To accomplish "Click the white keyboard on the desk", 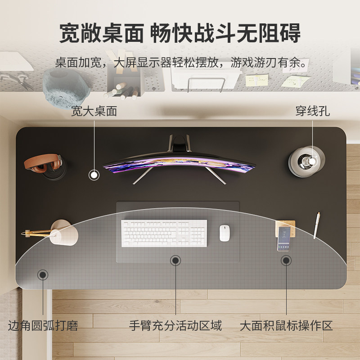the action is (x=164, y=233).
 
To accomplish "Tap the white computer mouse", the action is (x=225, y=233).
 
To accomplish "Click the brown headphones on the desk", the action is (x=43, y=163).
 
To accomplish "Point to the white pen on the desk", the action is (x=317, y=225).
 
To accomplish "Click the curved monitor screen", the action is (x=179, y=165).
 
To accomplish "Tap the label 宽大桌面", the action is (x=94, y=111).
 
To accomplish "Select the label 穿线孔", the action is (x=312, y=111).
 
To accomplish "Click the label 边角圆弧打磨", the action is (x=43, y=325).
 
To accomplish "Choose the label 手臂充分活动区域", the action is (x=175, y=325).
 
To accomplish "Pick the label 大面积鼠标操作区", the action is (x=286, y=325).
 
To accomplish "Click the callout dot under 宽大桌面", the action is (x=94, y=175).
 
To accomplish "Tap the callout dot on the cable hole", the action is (x=312, y=161).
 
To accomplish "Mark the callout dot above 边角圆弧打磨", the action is (x=43, y=274).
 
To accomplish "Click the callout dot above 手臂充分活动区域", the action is (x=175, y=260).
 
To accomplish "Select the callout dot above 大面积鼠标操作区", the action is (x=286, y=260).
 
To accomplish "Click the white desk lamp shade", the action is (x=64, y=233).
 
